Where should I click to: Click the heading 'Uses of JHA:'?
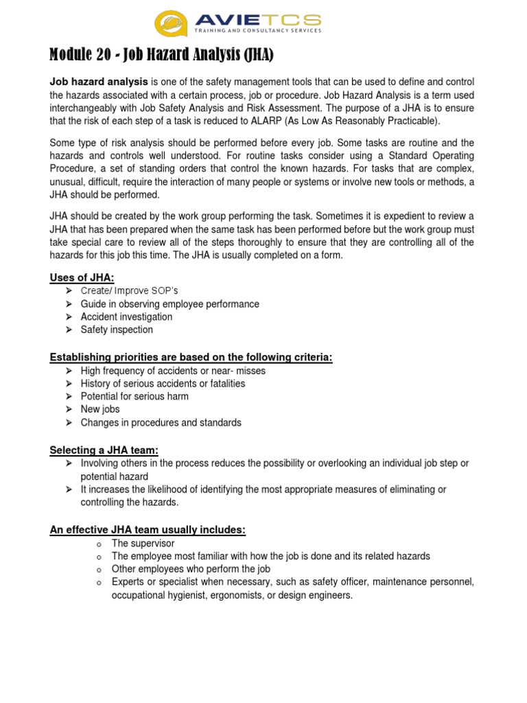click(x=82, y=277)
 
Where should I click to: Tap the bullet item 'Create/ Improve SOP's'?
click(x=129, y=291)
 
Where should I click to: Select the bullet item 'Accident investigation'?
click(x=126, y=316)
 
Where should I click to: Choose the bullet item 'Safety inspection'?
click(x=117, y=330)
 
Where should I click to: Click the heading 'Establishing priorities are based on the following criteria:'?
click(x=191, y=357)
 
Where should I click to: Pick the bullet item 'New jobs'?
click(x=100, y=409)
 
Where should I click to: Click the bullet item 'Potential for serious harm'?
click(x=134, y=396)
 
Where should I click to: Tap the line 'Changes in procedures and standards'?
click(x=161, y=422)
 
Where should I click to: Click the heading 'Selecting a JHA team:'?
click(x=104, y=450)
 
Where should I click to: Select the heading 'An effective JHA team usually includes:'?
click(x=148, y=529)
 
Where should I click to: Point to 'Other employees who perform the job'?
click(x=191, y=569)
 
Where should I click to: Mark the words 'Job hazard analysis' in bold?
click(x=99, y=82)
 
